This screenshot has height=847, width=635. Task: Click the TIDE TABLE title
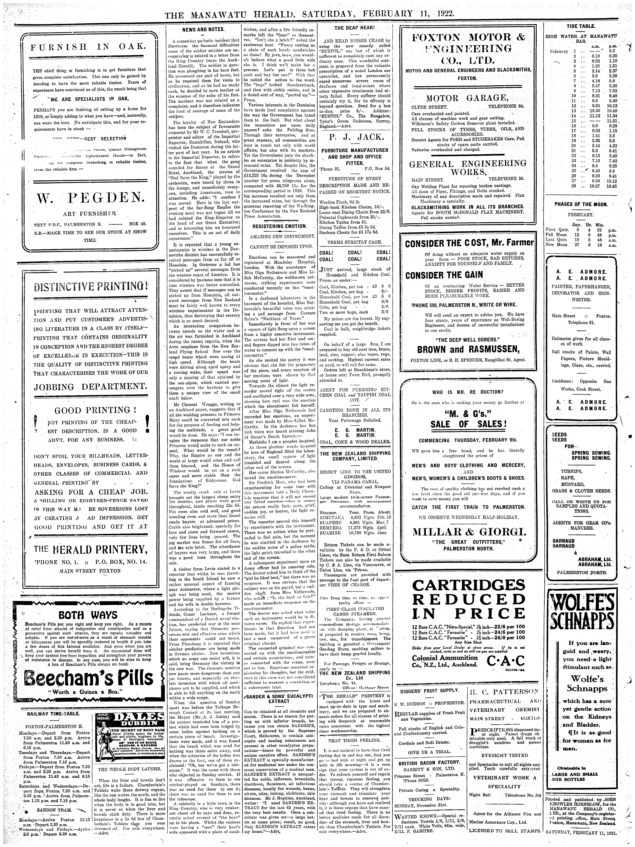(x=581, y=26)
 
